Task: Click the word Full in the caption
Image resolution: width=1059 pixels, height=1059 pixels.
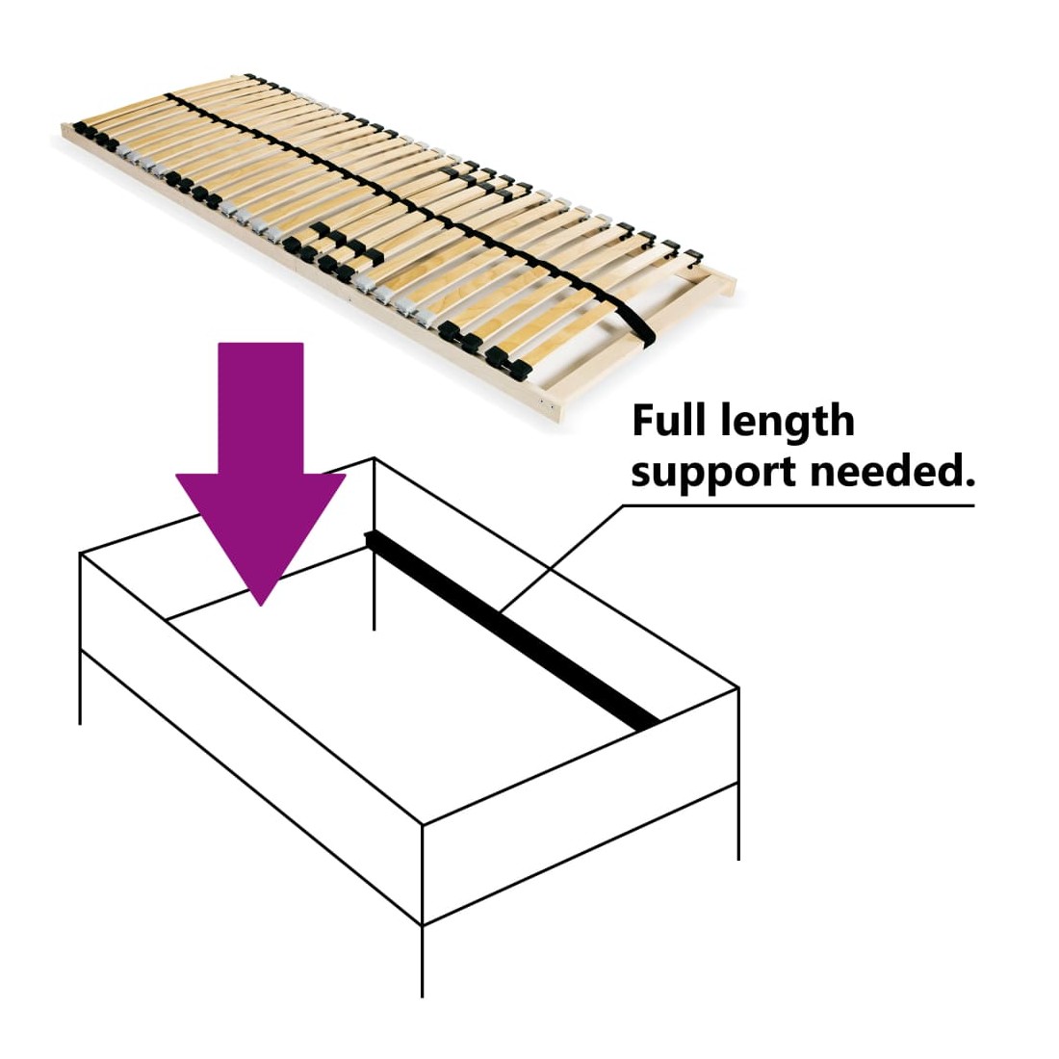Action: coord(669,420)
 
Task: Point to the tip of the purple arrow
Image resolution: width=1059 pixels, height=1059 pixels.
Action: coord(261,605)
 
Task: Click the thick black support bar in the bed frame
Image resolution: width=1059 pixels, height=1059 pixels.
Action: coord(512,631)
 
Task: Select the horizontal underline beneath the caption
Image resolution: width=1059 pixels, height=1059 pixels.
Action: coord(798,505)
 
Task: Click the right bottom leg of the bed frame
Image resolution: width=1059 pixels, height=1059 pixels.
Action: coord(738,821)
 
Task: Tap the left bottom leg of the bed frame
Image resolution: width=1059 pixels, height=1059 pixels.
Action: coord(80,687)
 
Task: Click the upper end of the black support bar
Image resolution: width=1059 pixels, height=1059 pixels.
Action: coord(368,537)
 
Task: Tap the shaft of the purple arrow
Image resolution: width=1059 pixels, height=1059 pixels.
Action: coord(261,408)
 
